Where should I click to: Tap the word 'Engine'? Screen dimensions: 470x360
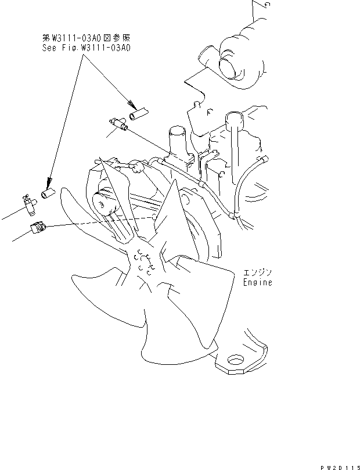click(x=257, y=283)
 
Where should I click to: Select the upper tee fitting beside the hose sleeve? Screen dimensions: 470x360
click(x=118, y=123)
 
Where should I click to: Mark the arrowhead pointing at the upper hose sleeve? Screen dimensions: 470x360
click(x=131, y=106)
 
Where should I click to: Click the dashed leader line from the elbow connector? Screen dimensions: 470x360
click(x=99, y=221)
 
